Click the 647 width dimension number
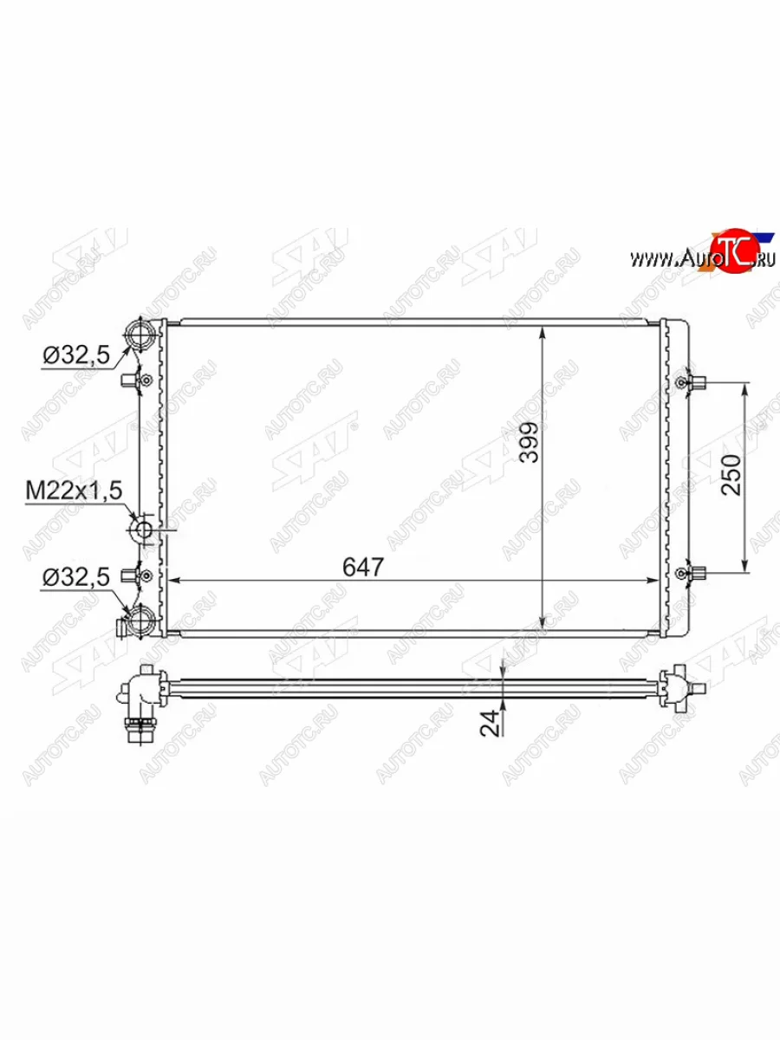click(363, 567)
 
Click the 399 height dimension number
click(529, 442)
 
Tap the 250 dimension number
click(731, 475)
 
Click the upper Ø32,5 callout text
click(76, 354)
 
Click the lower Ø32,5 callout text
click(76, 577)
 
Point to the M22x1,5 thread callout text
click(74, 491)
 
